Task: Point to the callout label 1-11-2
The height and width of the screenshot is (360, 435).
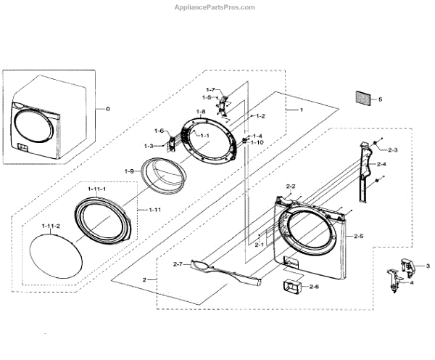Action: point(49,226)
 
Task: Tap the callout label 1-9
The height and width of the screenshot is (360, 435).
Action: point(128,171)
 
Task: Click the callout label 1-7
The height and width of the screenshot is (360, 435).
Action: point(209,89)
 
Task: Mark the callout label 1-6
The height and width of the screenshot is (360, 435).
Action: point(159,130)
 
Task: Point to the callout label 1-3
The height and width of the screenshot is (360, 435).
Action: point(149,146)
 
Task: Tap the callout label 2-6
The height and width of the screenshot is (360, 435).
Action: point(314,287)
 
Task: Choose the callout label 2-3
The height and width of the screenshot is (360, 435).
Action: point(393,150)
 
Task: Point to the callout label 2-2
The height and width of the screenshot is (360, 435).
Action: point(291,187)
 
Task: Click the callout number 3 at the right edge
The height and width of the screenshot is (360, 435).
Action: point(427,266)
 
